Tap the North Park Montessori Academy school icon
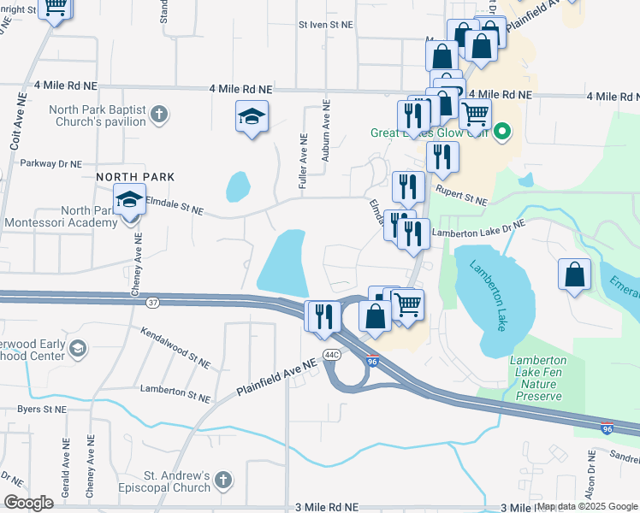tap(129, 202)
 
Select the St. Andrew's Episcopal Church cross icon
tap(223, 479)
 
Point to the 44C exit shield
tap(332, 353)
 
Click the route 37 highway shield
tap(152, 303)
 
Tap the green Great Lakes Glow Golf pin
tap(503, 133)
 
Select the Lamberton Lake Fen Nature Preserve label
tap(538, 378)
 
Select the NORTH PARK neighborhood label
tap(135, 177)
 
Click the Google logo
tap(28, 503)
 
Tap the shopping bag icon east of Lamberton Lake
tap(575, 275)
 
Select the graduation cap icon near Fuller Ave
tap(252, 117)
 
